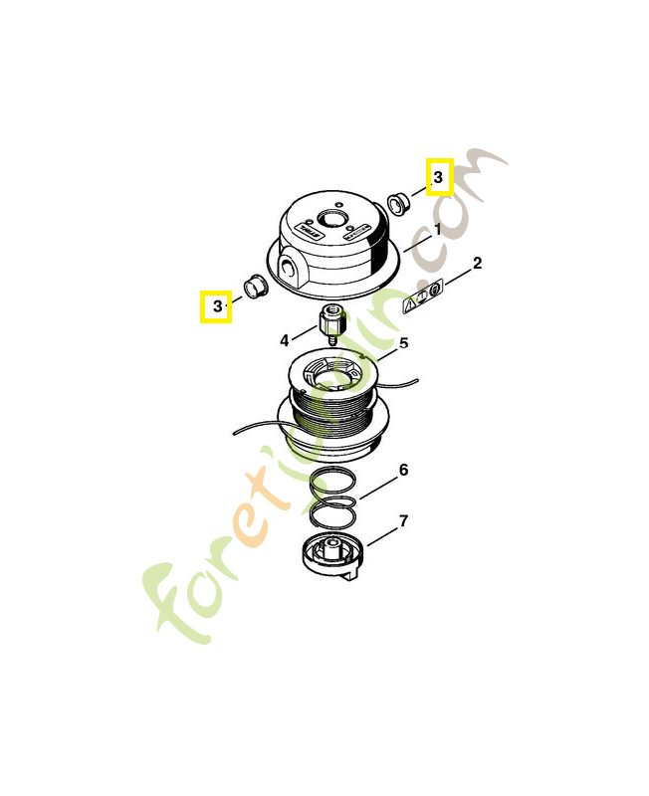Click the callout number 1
(x=436, y=229)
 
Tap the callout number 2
(x=477, y=264)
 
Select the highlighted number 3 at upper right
(x=439, y=177)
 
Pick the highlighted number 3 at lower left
(x=216, y=306)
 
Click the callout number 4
(x=285, y=340)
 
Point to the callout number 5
(x=403, y=344)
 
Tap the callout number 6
(x=403, y=470)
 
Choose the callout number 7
(x=403, y=520)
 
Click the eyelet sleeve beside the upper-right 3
(x=398, y=205)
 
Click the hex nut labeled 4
(x=329, y=323)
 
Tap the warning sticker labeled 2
(x=424, y=297)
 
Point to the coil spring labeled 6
(x=332, y=497)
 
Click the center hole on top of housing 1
(x=331, y=216)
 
